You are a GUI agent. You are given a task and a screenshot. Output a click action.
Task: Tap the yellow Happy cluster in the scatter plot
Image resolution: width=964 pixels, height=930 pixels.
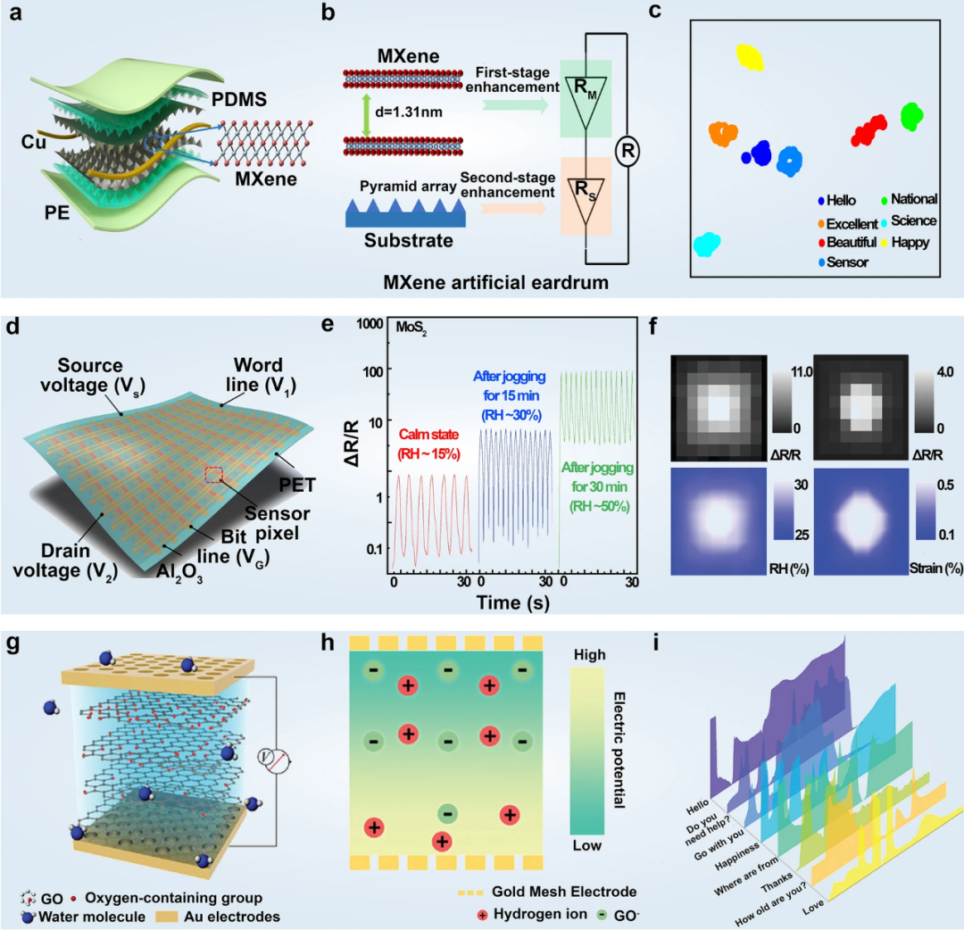pos(751,58)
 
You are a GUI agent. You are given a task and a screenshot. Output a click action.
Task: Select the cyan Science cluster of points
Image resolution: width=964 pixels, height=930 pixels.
pos(706,244)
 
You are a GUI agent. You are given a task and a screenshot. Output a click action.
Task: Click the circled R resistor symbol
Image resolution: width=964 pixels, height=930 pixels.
pos(628,152)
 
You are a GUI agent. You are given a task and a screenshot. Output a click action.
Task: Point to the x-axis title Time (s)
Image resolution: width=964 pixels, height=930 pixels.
pos(511,602)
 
